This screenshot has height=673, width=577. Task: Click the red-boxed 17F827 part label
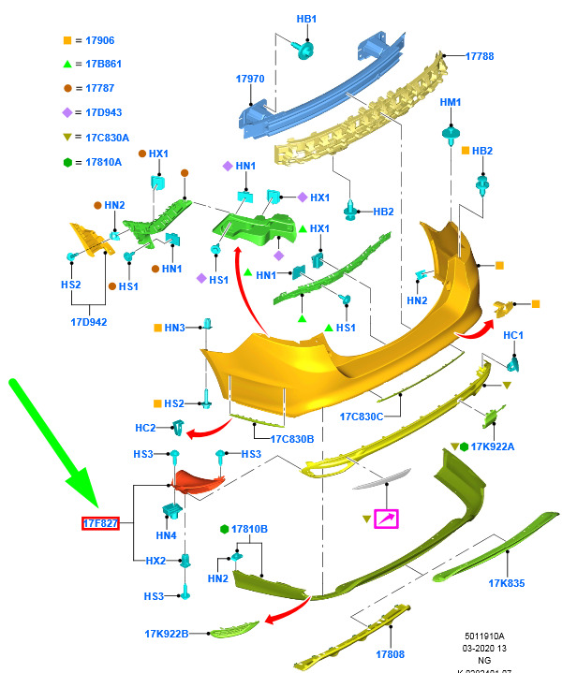pyautogui.click(x=100, y=522)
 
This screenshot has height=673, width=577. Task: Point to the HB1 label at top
pyautogui.click(x=307, y=19)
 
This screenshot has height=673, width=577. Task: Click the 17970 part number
pyautogui.click(x=251, y=80)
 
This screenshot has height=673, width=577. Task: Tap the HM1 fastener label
pyautogui.click(x=451, y=101)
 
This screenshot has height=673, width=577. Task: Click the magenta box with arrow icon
pyautogui.click(x=386, y=519)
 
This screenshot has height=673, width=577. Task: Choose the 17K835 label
pyautogui.click(x=506, y=583)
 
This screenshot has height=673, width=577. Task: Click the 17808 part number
pyautogui.click(x=391, y=654)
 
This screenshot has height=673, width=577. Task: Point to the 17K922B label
pyautogui.click(x=167, y=634)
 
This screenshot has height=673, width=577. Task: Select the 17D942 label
pyautogui.click(x=90, y=321)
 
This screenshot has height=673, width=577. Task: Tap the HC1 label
pyautogui.click(x=513, y=335)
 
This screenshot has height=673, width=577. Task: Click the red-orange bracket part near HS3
pyautogui.click(x=199, y=481)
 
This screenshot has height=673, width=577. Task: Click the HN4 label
pyautogui.click(x=166, y=535)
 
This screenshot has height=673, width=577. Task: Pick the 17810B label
pyautogui.click(x=249, y=529)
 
